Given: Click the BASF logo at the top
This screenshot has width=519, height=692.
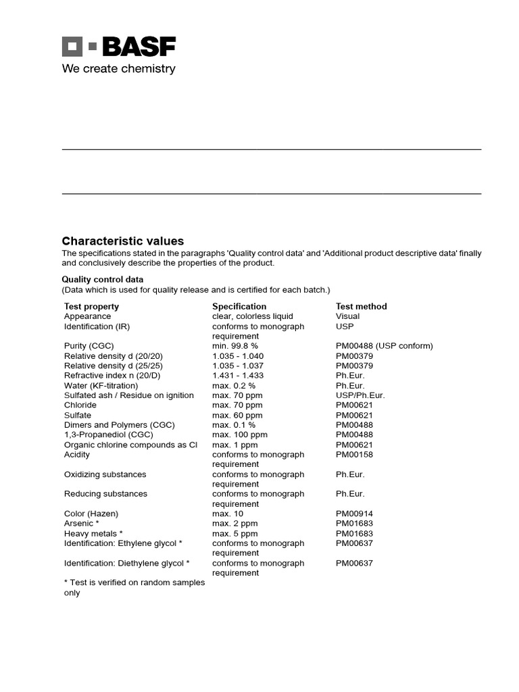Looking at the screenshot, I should pos(119,47).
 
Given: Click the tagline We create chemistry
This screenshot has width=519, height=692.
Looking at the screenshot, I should pos(118,68).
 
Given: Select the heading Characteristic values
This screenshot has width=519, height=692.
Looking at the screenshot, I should pos(122,241).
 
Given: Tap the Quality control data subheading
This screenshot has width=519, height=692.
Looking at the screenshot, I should pos(102,279).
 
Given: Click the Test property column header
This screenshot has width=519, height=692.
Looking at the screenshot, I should pos(91,306).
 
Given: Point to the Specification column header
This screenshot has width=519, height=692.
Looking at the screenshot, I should pos(239,306).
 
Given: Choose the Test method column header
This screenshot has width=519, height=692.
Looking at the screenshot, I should pos(361,306).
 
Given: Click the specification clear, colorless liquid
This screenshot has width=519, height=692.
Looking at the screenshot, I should pos(252,316).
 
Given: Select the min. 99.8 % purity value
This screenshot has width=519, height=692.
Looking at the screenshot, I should pos(234,346).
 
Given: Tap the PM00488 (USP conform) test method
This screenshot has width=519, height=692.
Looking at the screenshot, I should pos(384,346).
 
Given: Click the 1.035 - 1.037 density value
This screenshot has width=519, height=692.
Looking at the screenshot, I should pos(238,366).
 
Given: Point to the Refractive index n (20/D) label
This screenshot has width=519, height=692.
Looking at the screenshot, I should pos(112,376).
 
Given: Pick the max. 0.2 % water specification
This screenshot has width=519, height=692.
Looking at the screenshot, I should pos(233,385).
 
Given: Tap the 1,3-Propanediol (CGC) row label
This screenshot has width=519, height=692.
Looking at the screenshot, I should pos(108,435).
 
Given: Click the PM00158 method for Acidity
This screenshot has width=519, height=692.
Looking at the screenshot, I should pos(354,455).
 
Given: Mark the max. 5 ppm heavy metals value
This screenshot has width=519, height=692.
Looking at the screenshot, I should pos(234,533).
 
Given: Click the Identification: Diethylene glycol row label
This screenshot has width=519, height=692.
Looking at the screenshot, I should pos(126,563).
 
